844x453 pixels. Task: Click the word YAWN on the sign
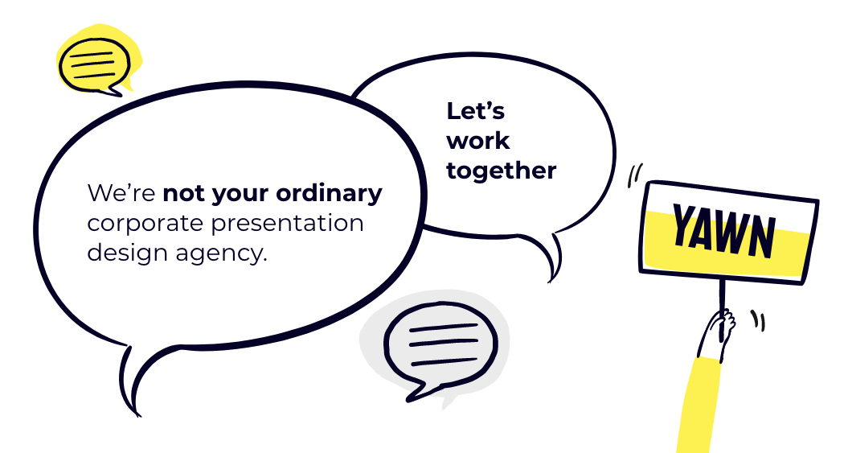point(724,231)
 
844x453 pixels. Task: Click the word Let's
point(475,112)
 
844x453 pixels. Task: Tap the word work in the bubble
point(477,141)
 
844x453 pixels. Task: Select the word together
point(501,171)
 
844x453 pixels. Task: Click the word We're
point(121,193)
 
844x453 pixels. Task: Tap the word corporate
point(145,224)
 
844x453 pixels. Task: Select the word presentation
point(287,223)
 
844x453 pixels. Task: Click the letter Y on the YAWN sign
point(685,225)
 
